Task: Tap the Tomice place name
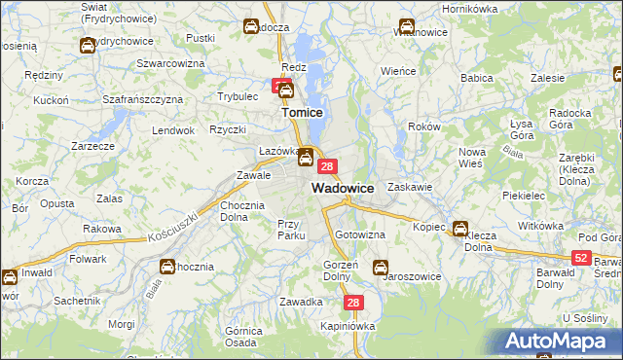(302, 113)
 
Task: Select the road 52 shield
(581, 257)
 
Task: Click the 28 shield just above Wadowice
(328, 166)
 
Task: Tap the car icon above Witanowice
(406, 26)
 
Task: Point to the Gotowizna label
(360, 235)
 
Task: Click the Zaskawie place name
(409, 185)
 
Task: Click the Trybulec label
(237, 96)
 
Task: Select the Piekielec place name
(523, 196)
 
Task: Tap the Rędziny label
(44, 75)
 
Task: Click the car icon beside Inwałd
(9, 276)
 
